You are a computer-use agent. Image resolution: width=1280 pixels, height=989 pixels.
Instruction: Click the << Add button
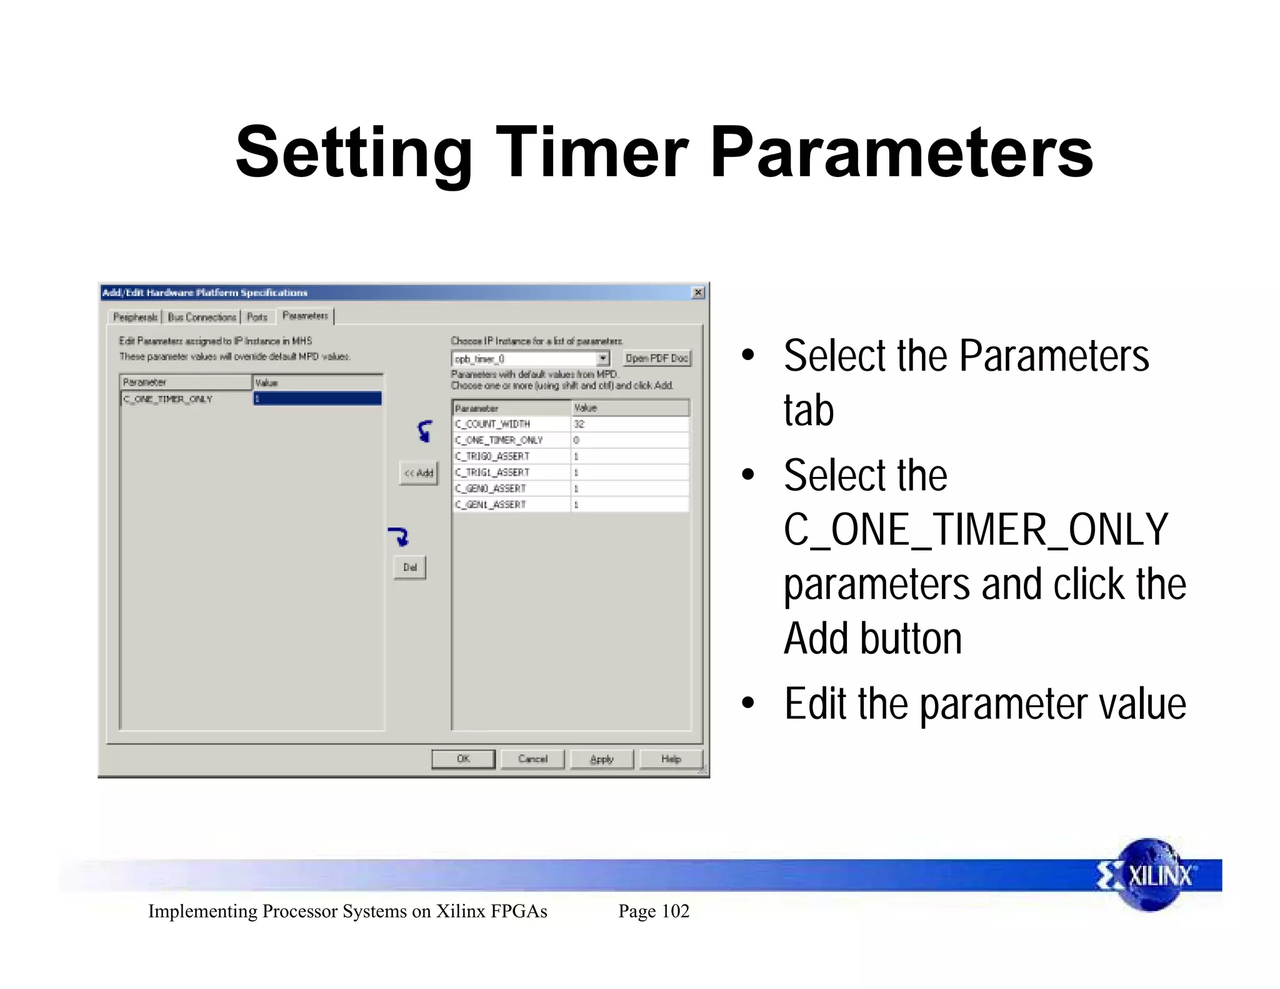419,473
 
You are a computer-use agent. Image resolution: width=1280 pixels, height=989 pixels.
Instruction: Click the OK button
463,759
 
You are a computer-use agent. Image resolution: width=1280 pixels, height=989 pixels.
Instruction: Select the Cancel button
532,759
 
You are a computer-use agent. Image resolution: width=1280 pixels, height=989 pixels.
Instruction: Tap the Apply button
602,759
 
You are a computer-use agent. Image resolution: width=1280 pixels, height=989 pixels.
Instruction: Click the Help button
671,759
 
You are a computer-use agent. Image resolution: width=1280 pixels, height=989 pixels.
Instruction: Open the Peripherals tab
135,317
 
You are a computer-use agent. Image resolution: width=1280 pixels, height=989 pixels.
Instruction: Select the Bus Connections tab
202,317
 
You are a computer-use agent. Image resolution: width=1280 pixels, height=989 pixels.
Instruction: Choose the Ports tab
257,317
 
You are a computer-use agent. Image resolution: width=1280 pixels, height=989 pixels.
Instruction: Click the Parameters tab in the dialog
305,316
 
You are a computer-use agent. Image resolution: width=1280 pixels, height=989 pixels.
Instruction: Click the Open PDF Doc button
657,358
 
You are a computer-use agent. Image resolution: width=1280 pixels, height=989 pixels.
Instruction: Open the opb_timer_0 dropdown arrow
602,359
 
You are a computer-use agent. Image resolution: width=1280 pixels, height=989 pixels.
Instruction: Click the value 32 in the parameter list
579,424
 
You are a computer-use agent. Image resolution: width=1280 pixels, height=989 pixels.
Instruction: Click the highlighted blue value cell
317,399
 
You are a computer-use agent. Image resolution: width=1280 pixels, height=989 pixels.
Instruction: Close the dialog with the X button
698,293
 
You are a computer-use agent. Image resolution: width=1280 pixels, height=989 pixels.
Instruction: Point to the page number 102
675,911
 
